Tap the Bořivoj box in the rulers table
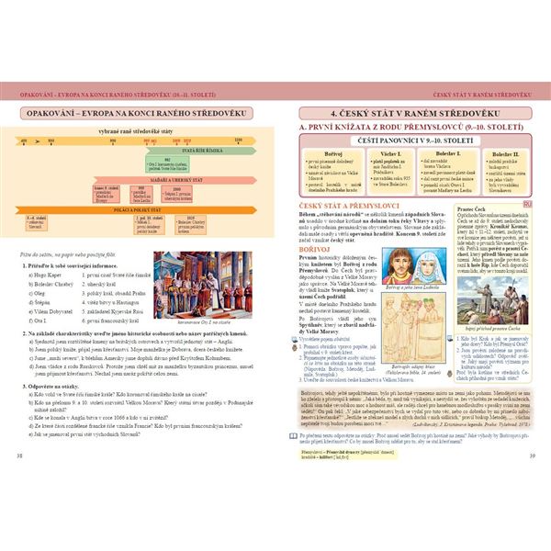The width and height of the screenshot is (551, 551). (331, 164)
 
